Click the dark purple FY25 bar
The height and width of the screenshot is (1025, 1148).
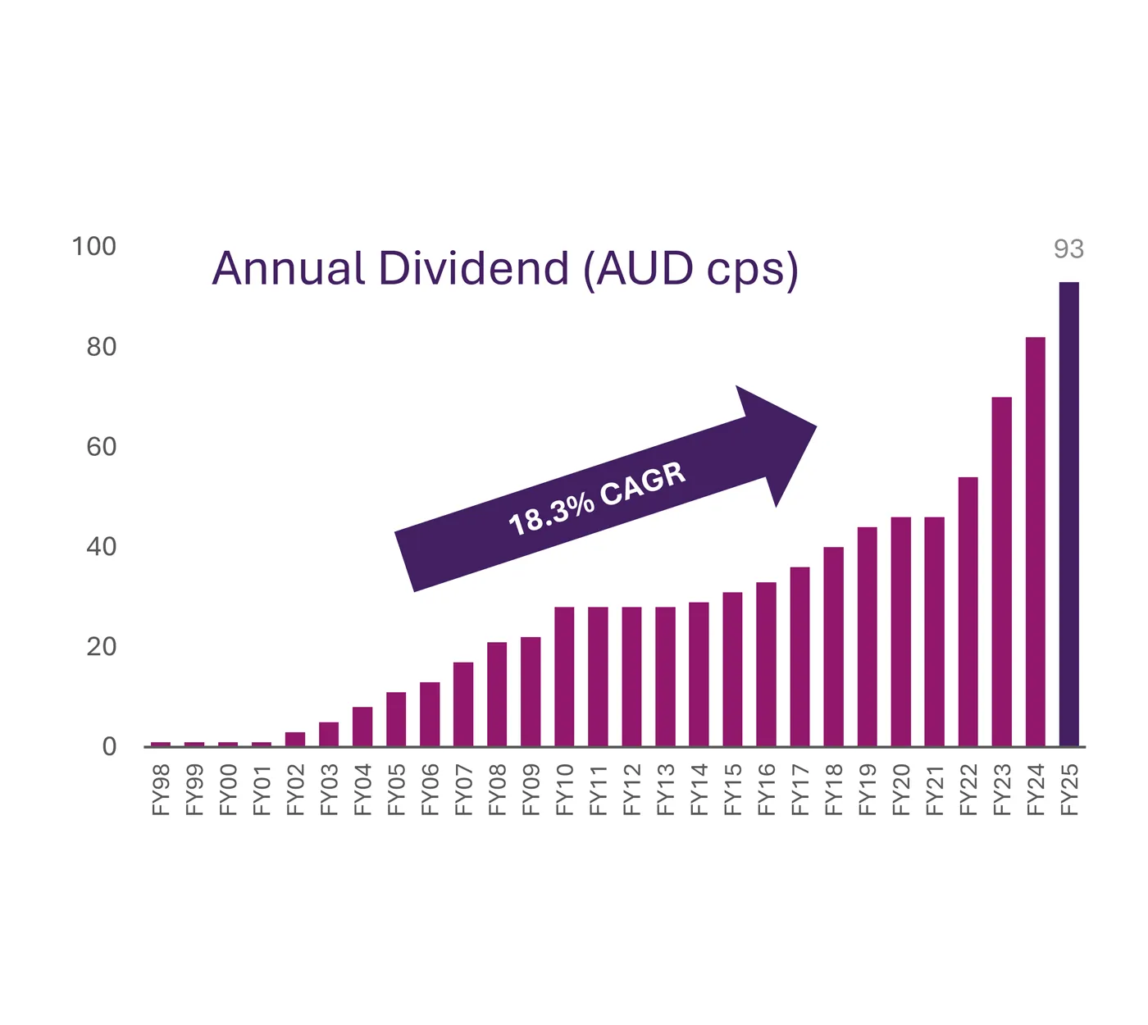(1068, 514)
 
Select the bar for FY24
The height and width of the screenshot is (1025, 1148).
(1035, 541)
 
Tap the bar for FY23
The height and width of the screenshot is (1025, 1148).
(1001, 572)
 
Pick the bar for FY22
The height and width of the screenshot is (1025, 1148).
(968, 612)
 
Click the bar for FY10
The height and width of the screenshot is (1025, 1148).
(564, 676)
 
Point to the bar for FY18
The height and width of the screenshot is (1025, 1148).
(833, 646)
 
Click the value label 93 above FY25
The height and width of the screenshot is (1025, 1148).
(1068, 249)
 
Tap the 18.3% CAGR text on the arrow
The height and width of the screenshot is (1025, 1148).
(596, 499)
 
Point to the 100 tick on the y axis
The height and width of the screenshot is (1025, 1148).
(93, 247)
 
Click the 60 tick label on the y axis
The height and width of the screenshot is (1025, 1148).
(101, 447)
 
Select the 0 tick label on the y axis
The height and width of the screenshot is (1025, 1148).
(109, 747)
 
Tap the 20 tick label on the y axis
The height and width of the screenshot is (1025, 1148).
(101, 647)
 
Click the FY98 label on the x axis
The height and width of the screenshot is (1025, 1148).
(161, 790)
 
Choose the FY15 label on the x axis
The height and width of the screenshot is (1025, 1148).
(732, 790)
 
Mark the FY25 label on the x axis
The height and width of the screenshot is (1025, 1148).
(1068, 790)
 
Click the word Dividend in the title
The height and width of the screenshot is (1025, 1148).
(474, 268)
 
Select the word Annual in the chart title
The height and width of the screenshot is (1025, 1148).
(288, 268)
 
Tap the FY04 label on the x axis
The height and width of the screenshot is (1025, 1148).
(362, 790)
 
